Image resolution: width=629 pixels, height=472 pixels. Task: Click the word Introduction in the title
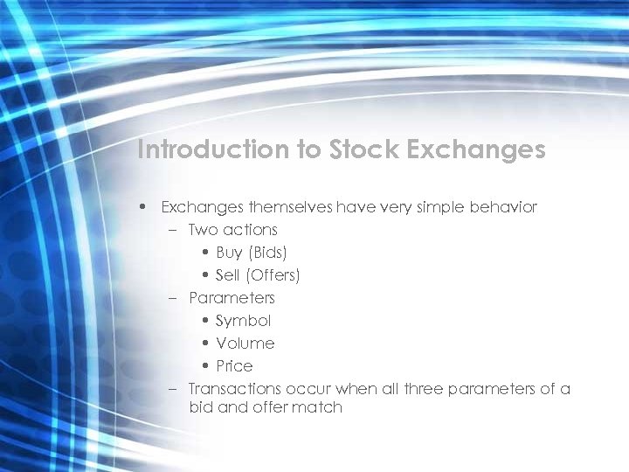point(214,149)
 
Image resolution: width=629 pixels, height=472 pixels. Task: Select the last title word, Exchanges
point(477,149)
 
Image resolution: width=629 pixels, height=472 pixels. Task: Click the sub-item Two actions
point(232,230)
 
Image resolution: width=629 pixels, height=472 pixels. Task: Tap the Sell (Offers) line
point(258,275)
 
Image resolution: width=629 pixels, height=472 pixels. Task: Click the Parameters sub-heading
point(232,298)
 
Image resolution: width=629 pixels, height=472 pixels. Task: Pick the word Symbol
point(244,321)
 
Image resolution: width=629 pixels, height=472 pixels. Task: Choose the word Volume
point(245,344)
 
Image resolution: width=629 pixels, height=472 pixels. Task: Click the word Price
point(235,366)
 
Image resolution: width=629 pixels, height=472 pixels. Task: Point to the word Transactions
point(235,389)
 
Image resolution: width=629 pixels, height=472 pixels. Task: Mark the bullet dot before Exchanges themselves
point(142,208)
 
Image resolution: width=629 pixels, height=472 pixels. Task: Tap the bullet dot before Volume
point(204,344)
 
